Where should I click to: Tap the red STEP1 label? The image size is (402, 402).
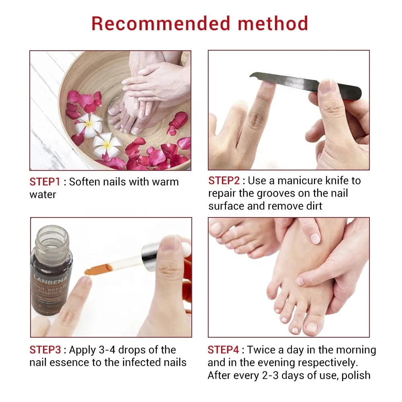(45, 182)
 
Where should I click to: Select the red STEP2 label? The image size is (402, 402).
(224, 180)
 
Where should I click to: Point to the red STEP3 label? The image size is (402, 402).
(45, 350)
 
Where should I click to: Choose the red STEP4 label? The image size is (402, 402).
(223, 350)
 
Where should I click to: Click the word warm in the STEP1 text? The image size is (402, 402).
(165, 182)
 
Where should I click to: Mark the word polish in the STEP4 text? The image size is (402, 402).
(355, 375)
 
